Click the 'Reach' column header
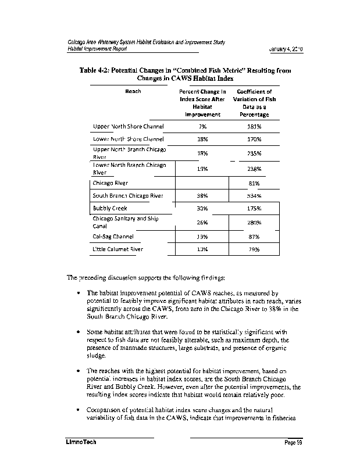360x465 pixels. (x=133, y=91)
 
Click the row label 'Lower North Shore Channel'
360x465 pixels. (x=129, y=139)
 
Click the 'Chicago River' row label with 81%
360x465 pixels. (x=110, y=183)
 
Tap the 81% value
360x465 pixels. (x=254, y=183)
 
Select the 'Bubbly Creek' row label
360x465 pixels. (x=110, y=208)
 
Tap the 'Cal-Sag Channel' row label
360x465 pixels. (x=113, y=237)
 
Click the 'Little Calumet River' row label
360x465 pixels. (x=118, y=249)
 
